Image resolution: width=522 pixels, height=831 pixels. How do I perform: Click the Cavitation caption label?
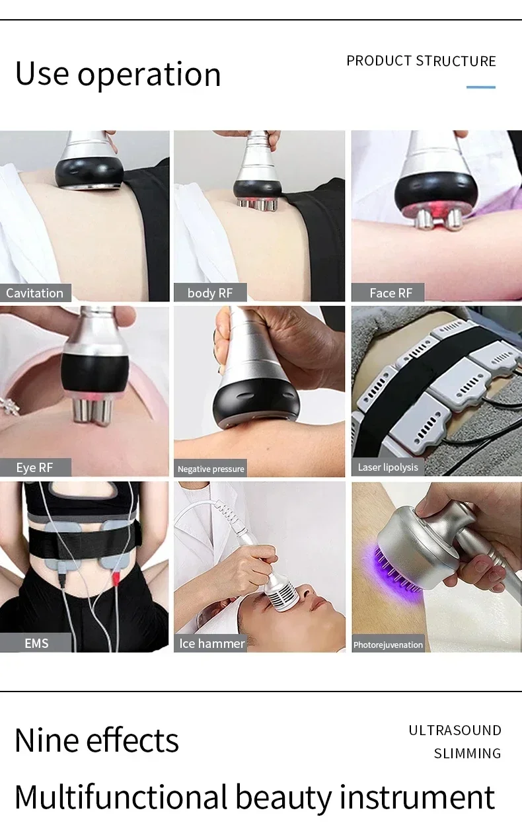tap(35, 293)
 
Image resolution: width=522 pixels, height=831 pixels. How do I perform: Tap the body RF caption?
tap(210, 293)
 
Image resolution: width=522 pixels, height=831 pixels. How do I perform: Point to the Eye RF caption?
tap(34, 467)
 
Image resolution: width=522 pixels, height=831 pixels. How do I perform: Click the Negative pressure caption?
tap(211, 469)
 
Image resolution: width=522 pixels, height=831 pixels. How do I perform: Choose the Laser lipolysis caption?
tap(388, 467)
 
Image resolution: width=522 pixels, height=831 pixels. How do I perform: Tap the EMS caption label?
tap(36, 643)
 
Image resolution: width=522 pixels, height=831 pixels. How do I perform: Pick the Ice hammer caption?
tap(211, 643)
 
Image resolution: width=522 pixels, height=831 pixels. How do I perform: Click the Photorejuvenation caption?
tap(388, 645)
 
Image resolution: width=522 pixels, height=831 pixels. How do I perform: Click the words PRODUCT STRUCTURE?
tap(421, 61)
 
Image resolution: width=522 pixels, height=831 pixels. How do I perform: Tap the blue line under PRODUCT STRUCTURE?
tap(480, 87)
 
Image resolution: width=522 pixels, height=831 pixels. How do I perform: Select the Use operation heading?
tap(118, 73)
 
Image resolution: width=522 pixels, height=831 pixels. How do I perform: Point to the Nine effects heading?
tap(96, 740)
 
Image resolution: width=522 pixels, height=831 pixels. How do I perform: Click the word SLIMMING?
tap(467, 754)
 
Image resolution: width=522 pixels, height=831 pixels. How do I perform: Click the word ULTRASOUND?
tap(455, 731)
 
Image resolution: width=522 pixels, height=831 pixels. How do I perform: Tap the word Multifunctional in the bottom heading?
tap(121, 797)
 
